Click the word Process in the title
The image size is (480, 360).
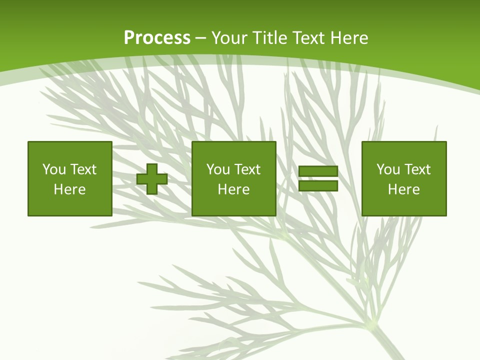point(157,38)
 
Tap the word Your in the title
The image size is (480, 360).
point(226,38)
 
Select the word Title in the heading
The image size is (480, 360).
point(269,38)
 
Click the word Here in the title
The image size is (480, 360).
point(349,38)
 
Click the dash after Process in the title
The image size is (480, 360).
point(201,38)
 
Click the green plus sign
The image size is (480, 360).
point(152,179)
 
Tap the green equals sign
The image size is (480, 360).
point(318,178)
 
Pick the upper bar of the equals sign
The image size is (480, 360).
point(318,172)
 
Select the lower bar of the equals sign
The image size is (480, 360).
point(318,185)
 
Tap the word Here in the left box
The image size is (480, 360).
point(69,189)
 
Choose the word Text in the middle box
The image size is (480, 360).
point(247,169)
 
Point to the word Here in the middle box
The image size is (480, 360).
point(233,189)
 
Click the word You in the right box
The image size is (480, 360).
point(387,169)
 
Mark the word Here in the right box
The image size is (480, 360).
point(403,189)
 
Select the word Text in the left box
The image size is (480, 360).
point(83,169)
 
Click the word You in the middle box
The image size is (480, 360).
point(217,169)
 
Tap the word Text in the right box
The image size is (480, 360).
point(417,169)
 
